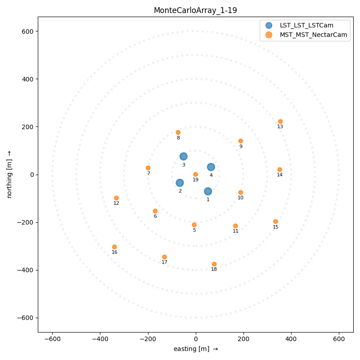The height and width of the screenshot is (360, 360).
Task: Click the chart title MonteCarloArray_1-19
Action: pos(195,10)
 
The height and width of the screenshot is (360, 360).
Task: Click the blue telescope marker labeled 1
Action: pos(208,191)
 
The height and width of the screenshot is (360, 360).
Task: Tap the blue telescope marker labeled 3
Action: pos(184,157)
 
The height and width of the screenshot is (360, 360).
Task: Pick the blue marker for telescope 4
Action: pos(211,167)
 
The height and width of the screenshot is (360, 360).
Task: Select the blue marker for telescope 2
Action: pos(180,183)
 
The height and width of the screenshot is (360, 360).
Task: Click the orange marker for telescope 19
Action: pos(195,174)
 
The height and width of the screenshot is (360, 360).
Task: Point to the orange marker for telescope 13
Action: pos(280,121)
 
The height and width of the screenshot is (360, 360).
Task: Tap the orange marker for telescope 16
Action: pos(114,247)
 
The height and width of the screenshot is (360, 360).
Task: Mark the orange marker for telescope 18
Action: pos(214,264)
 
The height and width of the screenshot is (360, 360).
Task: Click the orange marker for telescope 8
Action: pos(178,132)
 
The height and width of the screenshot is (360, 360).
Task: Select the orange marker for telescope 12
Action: pos(116,198)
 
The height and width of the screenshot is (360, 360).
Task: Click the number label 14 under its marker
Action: pos(279,175)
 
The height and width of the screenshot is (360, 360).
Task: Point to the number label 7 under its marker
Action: pos(148,174)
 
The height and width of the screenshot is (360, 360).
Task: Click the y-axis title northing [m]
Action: pos(9,174)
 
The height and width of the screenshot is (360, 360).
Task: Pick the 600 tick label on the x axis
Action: pos(339,338)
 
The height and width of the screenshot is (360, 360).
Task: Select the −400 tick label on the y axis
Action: pos(26,270)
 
